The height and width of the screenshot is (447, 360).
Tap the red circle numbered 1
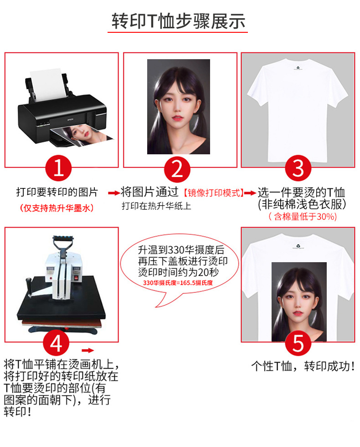click(58, 168)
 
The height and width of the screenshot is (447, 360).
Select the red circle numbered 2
click(177, 168)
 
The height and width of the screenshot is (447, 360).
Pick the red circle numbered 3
click(298, 168)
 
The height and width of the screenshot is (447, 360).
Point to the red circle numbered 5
click(298, 343)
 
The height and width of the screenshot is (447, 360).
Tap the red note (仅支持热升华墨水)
click(57, 208)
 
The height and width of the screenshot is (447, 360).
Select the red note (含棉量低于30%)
click(303, 217)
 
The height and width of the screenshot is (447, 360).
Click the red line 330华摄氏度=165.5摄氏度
click(178, 283)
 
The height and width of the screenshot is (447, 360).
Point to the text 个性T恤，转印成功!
click(303, 366)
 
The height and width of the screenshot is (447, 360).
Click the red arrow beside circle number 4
click(87, 350)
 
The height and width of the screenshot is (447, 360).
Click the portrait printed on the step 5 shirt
click(299, 300)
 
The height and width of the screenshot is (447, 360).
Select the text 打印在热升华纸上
click(156, 206)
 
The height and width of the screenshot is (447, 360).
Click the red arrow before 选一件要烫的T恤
click(250, 193)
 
